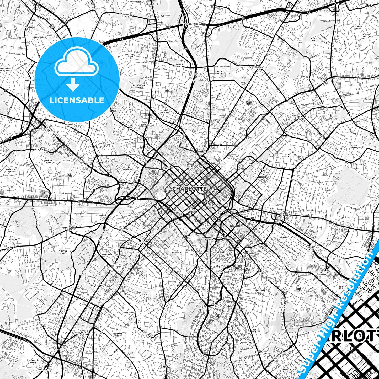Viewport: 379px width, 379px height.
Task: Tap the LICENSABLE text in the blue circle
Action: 77,100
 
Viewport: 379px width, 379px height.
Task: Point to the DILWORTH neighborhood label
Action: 176,253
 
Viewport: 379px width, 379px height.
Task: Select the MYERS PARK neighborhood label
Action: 217,317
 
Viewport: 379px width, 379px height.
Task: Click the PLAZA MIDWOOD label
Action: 284,214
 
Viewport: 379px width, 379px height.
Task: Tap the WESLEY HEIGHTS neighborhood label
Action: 127,169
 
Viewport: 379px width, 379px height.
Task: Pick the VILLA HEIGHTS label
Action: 287,156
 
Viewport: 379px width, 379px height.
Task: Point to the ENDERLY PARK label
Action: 69,125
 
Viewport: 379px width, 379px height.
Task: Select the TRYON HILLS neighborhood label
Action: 248,103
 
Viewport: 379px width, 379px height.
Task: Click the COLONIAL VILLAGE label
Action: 118,334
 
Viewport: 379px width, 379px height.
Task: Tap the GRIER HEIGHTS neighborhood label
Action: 298,290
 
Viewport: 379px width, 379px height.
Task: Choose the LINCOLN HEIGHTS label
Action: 179,65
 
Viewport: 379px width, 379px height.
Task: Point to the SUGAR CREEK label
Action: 314,39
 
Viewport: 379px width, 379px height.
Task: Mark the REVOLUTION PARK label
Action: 70,229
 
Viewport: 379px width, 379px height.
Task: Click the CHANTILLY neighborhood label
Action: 287,238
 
